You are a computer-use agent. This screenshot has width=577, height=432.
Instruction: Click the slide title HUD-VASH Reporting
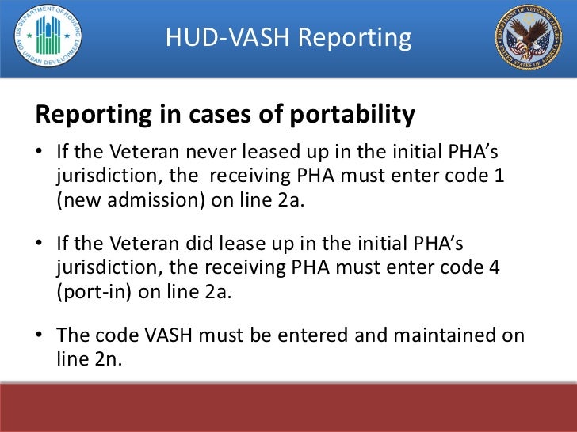tap(288, 38)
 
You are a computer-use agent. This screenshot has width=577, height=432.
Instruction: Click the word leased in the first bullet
tap(274, 151)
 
